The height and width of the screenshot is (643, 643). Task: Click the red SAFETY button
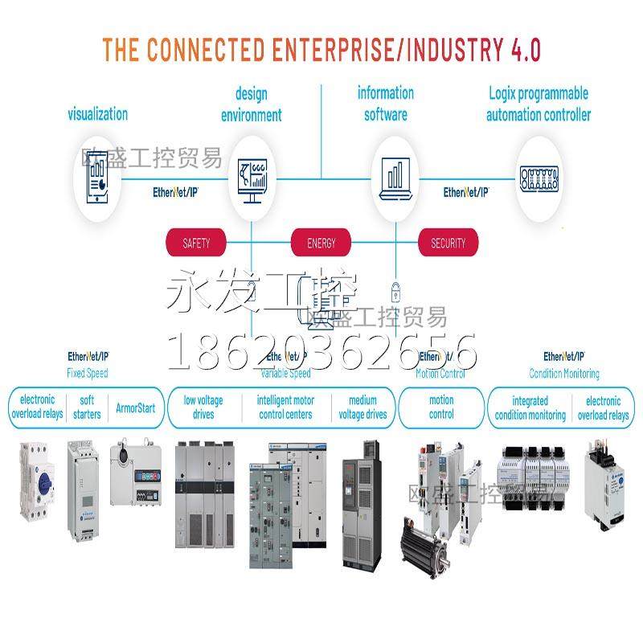197,242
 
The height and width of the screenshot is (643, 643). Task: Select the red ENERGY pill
321,242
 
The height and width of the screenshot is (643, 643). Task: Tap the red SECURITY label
448,242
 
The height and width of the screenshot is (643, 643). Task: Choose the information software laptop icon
395,177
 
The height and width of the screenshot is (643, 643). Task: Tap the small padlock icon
395,289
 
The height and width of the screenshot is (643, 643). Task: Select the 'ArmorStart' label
136,408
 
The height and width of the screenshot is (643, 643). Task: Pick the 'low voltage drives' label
203,408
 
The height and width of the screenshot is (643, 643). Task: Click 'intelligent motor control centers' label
285,408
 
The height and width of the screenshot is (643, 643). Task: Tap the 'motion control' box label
441,408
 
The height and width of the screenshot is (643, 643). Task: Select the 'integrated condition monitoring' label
530,408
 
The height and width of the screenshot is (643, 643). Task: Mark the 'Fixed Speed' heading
87,373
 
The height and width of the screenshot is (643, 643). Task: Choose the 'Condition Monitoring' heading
564,373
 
